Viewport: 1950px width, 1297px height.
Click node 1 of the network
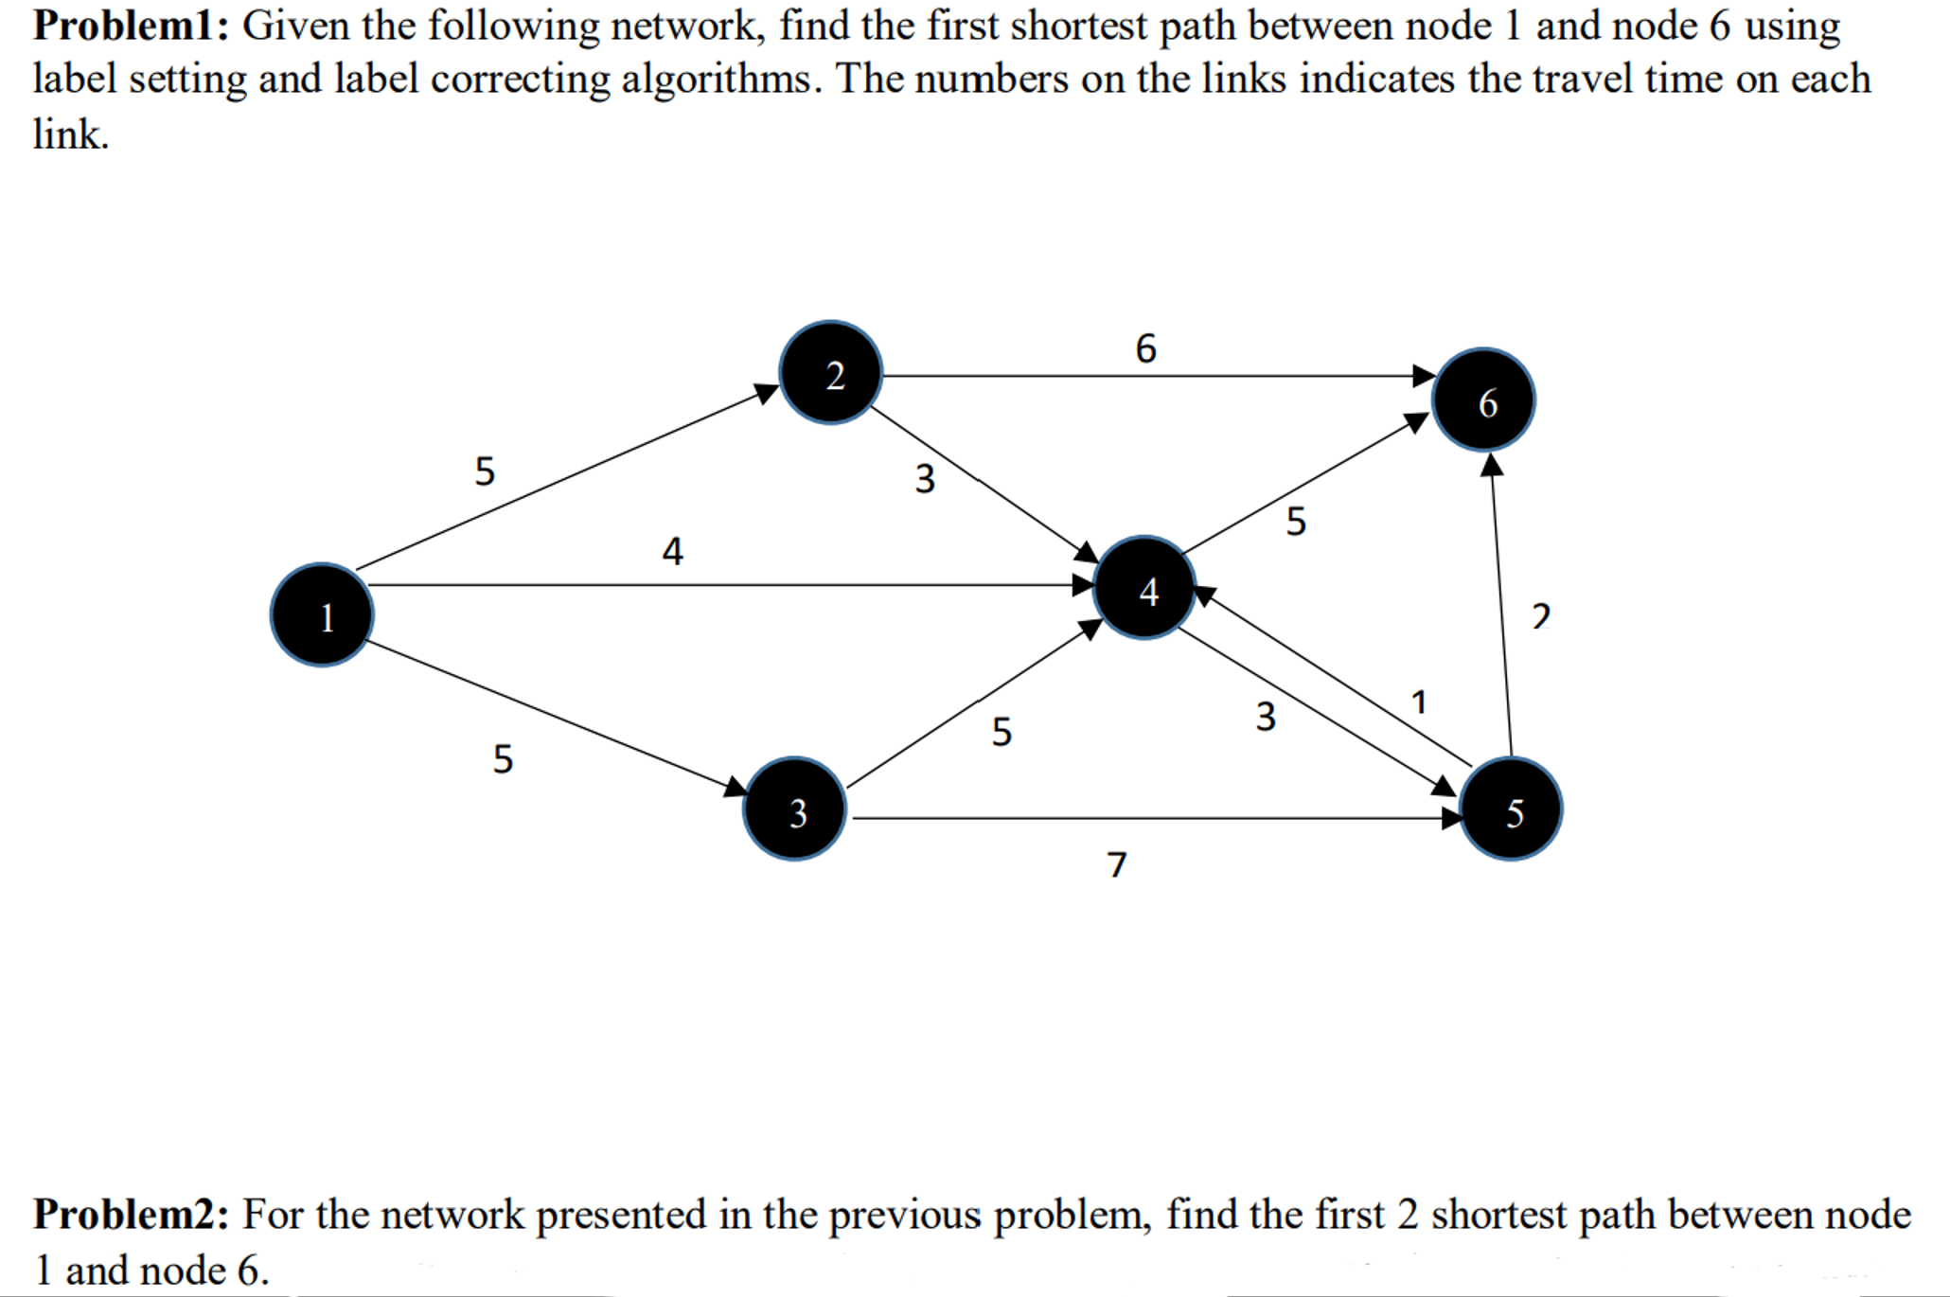322,615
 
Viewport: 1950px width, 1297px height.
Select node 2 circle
831,373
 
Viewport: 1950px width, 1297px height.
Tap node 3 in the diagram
795,809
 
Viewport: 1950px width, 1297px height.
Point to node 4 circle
1144,588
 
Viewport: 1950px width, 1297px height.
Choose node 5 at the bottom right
1511,809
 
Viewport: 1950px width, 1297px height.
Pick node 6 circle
1483,400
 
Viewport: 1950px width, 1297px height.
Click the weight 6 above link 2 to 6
1145,348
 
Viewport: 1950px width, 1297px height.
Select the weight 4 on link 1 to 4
672,550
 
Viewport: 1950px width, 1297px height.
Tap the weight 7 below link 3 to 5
1117,864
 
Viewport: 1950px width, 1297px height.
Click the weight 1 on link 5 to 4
1418,702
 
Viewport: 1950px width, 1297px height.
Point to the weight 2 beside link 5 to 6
1541,616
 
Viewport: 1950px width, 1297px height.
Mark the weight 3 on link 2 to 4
925,478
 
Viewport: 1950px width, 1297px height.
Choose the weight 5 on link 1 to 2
485,471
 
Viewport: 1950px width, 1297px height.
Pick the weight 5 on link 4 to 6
1296,521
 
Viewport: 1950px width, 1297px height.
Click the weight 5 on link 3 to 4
1002,732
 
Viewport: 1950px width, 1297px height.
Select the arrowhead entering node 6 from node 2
1424,376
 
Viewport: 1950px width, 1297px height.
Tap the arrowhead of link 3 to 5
1451,818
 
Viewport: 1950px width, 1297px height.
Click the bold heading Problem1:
131,26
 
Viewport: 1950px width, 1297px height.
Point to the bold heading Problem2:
131,1215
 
